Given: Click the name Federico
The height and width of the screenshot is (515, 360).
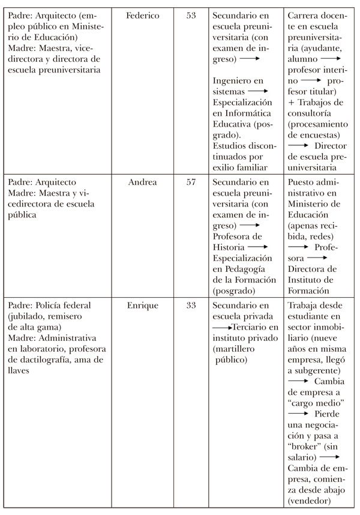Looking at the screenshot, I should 143,16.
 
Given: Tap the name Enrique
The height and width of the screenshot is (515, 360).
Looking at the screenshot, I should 143,306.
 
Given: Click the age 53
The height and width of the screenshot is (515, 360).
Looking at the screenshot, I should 191,16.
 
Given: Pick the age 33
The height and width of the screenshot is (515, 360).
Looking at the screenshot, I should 191,306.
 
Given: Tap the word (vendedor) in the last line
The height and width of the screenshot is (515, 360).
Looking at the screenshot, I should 309,500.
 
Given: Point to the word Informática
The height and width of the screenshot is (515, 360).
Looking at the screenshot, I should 246,113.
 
